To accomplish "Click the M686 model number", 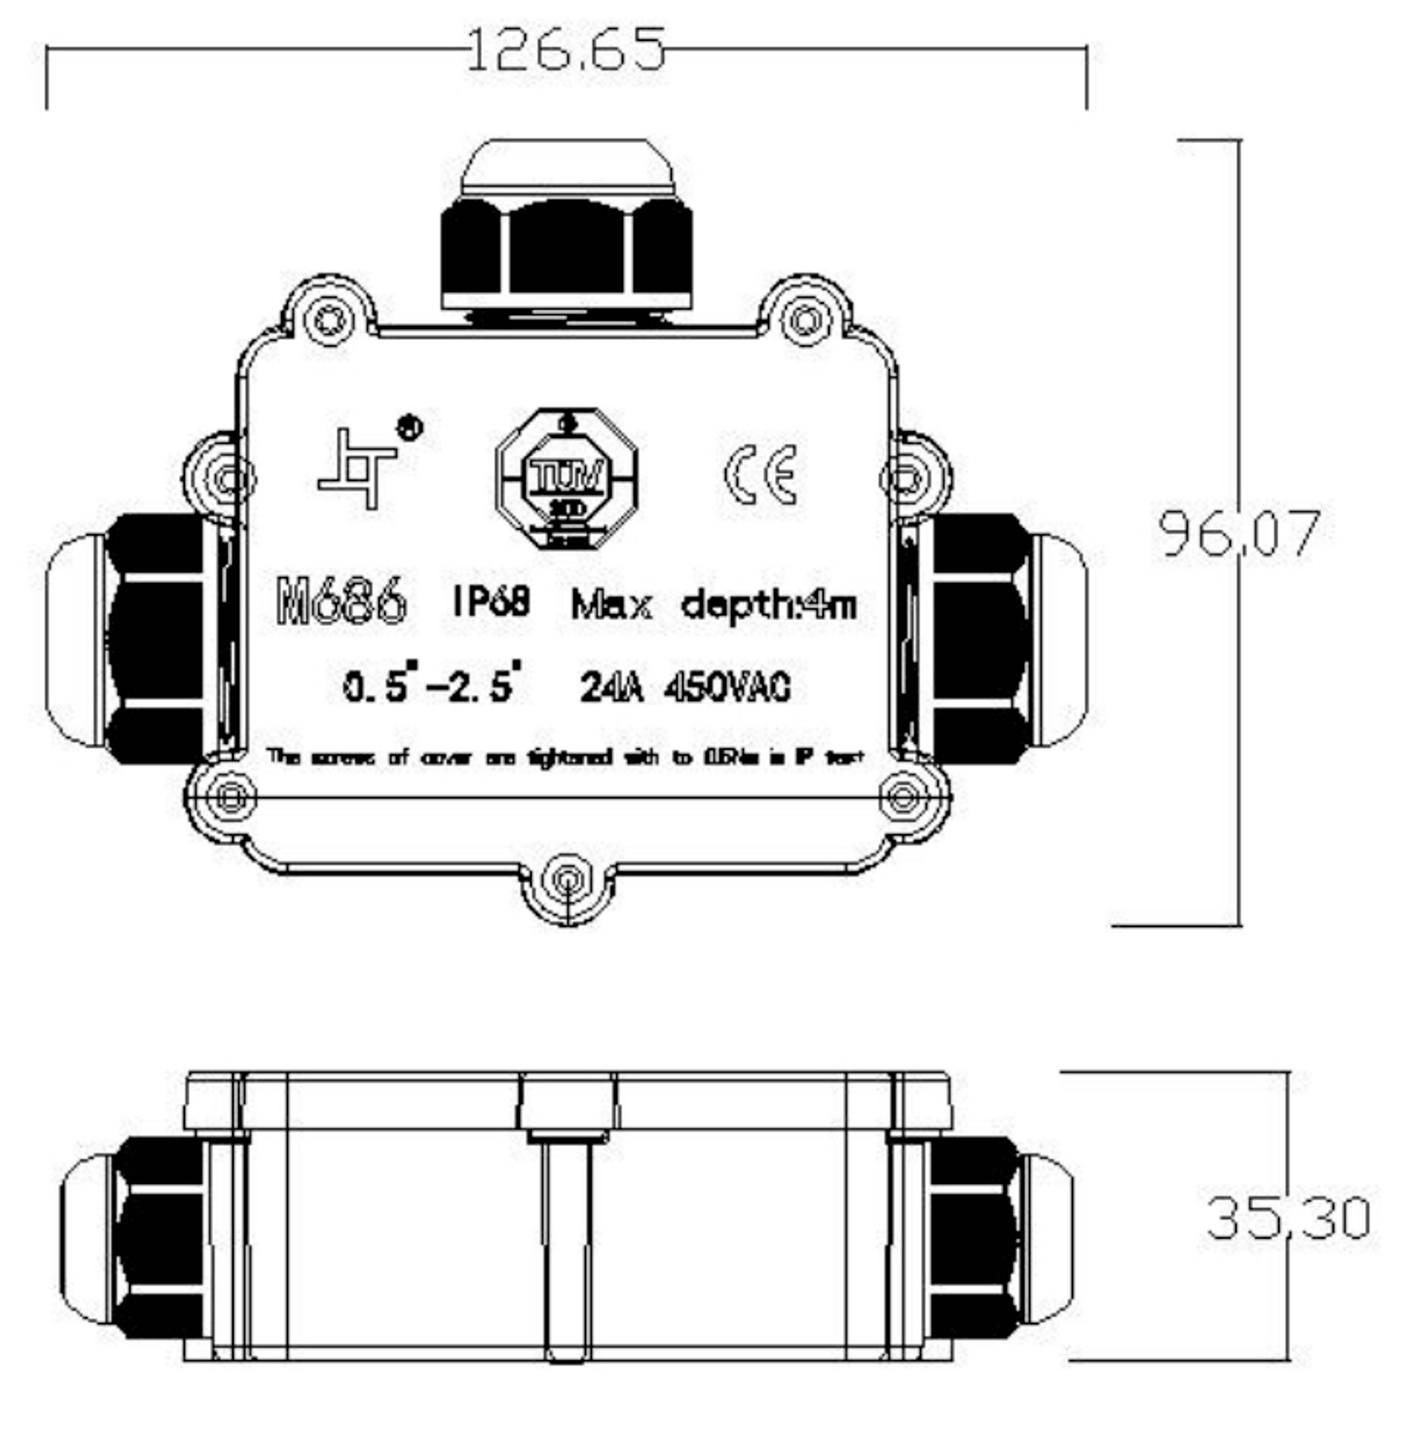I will point(341,600).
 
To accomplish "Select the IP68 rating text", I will point(492,600).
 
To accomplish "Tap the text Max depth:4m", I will point(713,605).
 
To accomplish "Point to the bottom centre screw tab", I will point(567,881).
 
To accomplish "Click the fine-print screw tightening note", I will point(566,757).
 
